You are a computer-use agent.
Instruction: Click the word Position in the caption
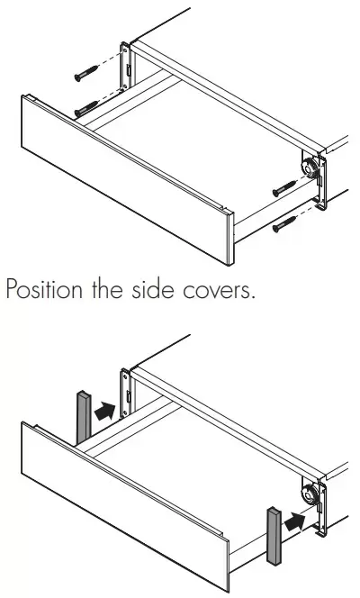[x=44, y=289]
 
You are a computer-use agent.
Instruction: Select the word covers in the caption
[x=219, y=292]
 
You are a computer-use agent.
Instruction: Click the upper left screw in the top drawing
[x=86, y=73]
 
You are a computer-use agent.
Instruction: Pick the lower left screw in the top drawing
[x=87, y=108]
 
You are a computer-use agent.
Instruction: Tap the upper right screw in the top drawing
[x=284, y=188]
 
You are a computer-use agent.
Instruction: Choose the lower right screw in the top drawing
[x=284, y=224]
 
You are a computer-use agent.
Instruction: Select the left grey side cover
[x=84, y=417]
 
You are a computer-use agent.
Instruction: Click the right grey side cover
[x=274, y=536]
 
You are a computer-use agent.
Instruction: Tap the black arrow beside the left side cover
[x=104, y=411]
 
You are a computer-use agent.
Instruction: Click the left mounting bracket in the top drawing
[x=125, y=67]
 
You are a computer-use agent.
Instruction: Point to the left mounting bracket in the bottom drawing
[x=125, y=393]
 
